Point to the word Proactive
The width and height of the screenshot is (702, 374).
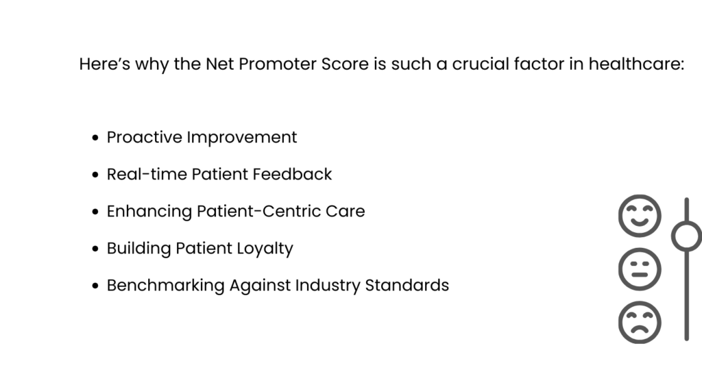[143, 138]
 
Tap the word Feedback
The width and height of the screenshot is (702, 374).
[292, 175]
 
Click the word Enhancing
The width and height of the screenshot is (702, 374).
[149, 212]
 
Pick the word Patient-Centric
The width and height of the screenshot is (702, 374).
[261, 212]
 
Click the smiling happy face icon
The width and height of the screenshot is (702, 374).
[640, 216]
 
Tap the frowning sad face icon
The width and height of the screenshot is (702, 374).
[640, 322]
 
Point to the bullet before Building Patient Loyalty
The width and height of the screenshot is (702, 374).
[96, 249]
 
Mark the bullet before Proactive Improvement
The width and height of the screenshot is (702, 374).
[96, 138]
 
